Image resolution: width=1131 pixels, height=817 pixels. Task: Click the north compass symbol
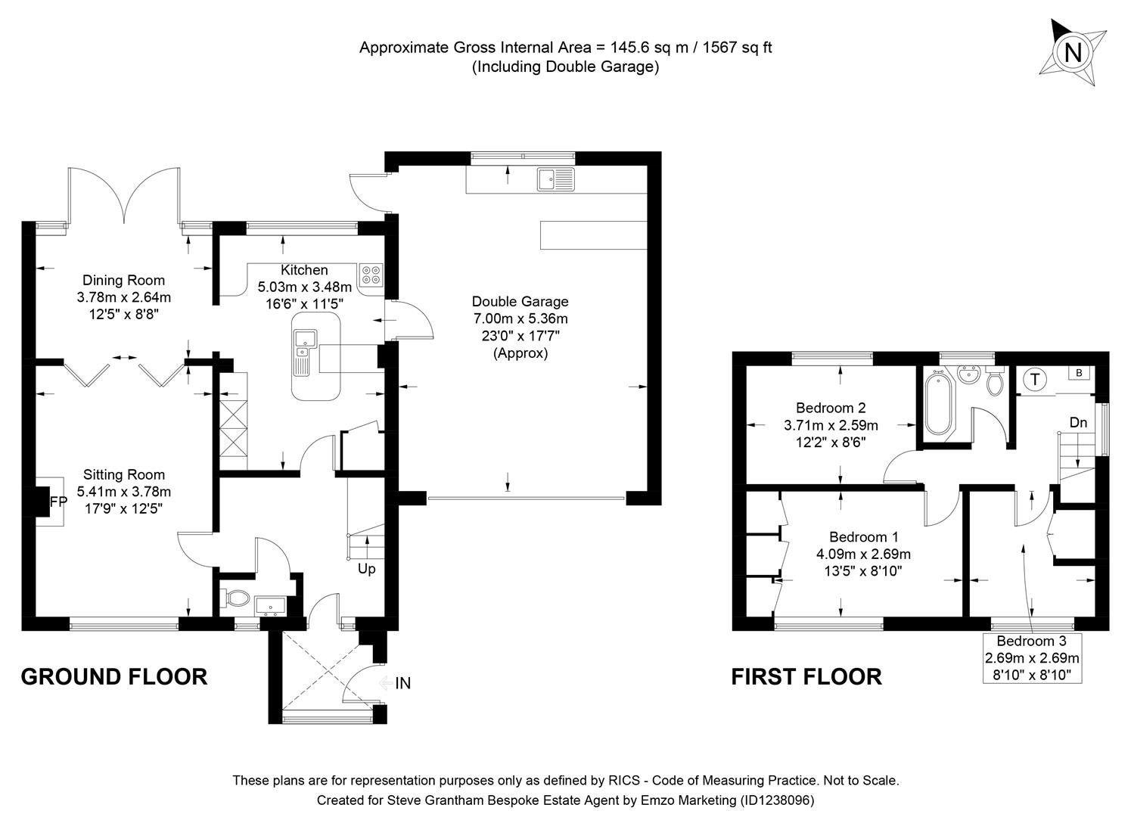1072,52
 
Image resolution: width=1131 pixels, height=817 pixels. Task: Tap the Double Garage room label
520,301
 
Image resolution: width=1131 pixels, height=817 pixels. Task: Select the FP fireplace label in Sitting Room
58,502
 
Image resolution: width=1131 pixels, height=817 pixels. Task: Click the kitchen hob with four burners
371,275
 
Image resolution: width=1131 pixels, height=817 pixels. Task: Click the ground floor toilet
236,598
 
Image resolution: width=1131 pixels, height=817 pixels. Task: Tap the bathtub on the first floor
938,405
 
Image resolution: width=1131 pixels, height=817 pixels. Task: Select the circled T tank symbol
1034,379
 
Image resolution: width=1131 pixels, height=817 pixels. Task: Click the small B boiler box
1080,372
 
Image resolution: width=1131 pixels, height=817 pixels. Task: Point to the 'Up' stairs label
366,569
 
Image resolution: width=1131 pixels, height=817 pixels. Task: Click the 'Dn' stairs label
1078,422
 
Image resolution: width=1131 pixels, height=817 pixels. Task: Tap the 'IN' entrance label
402,683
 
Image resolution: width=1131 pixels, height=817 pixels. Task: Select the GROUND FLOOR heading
113,676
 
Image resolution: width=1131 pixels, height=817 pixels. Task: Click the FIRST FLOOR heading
806,676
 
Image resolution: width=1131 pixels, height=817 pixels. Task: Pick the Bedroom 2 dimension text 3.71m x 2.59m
831,425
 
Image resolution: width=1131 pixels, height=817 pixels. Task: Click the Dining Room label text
123,281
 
